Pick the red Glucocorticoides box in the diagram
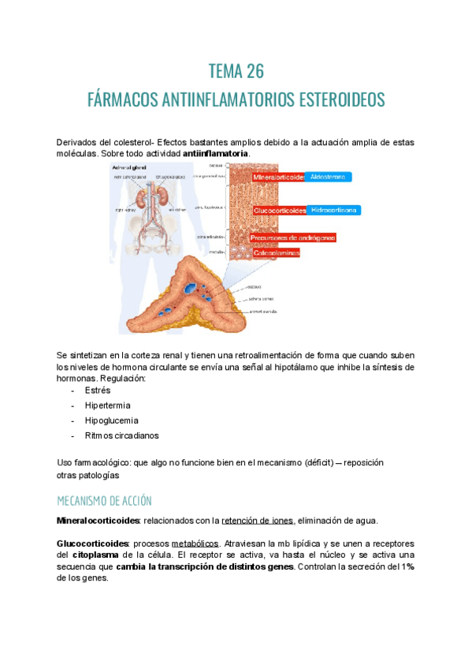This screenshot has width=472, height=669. point(279,211)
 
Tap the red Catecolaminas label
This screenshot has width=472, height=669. point(276,253)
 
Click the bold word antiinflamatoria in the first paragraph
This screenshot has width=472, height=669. point(216,153)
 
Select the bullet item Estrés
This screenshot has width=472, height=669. point(98,390)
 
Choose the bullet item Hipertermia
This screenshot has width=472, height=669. point(106,405)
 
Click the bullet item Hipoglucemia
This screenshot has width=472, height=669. point(111,420)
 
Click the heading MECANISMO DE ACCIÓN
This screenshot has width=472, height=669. point(104,501)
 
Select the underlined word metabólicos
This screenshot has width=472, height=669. point(195,544)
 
